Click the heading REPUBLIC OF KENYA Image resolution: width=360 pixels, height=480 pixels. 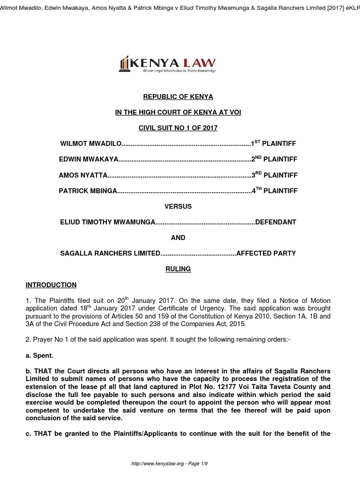(178, 97)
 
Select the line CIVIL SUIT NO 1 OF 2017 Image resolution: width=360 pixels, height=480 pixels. (178, 128)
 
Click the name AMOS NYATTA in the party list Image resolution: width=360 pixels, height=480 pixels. (83, 175)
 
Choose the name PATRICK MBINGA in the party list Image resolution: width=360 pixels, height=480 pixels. (87, 191)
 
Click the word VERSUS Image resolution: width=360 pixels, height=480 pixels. (178, 206)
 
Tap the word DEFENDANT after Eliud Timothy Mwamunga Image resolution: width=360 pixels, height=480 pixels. (276, 222)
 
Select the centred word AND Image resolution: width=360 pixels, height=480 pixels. (178, 238)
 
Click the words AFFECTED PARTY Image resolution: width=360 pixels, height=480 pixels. (266, 253)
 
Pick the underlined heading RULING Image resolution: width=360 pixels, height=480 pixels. (178, 269)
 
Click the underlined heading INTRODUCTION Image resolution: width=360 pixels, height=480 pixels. (51, 285)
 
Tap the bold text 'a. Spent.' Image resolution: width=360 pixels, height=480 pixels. (39, 356)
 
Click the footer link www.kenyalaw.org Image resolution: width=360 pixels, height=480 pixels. (155, 464)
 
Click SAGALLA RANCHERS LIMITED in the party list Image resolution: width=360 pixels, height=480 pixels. (110, 253)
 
